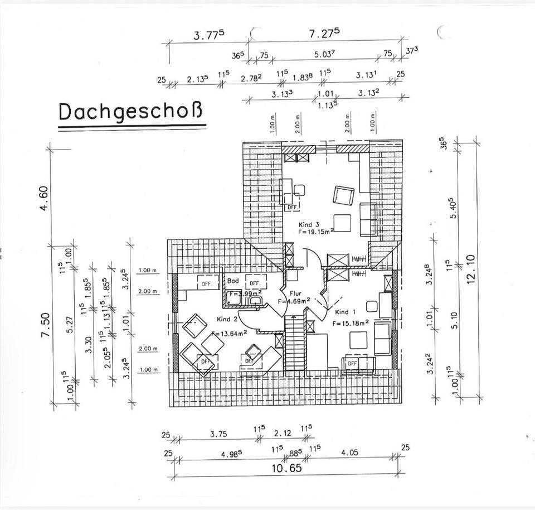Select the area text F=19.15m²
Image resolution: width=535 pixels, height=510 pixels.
[316, 231]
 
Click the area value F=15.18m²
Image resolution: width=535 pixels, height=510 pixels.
[352, 323]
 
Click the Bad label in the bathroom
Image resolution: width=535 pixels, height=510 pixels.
[232, 282]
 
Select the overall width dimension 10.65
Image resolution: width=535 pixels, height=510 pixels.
[287, 468]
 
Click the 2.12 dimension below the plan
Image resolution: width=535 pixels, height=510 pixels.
[283, 433]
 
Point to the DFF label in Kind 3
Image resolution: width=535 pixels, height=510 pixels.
[293, 207]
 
